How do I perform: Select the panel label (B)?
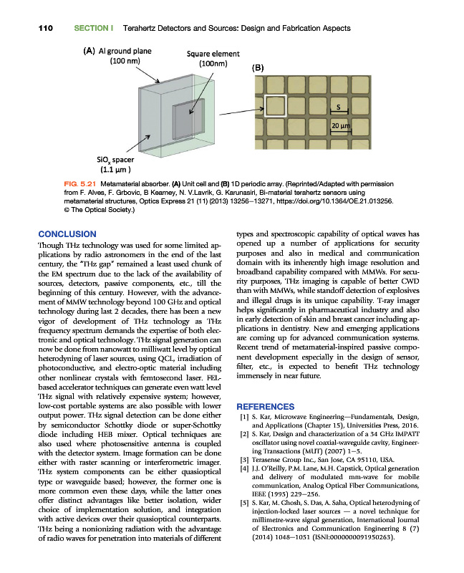click(x=258, y=68)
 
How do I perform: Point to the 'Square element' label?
click(x=213, y=54)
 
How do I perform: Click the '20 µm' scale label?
click(x=339, y=127)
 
